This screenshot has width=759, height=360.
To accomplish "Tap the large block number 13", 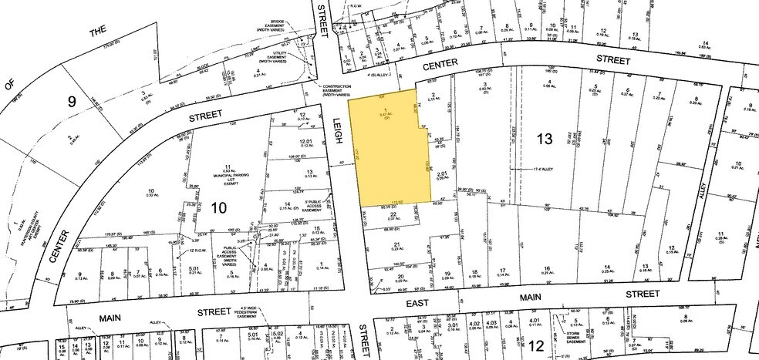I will [x=545, y=139].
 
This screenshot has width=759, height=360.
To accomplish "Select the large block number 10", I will [x=218, y=207].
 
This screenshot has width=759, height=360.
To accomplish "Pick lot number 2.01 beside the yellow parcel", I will [x=441, y=175].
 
